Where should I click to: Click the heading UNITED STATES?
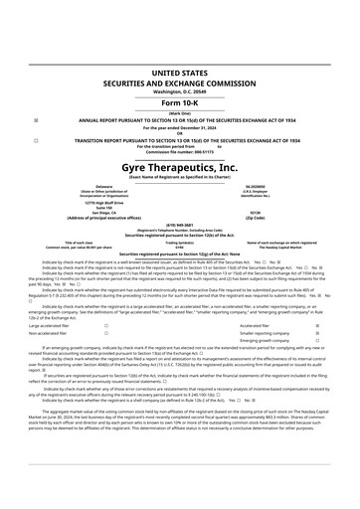(180, 74)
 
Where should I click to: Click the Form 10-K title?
(180, 102)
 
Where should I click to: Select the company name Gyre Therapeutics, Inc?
(180, 169)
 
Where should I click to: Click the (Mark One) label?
(180, 113)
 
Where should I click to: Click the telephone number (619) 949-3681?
(180, 225)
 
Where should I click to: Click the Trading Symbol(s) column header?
(180, 242)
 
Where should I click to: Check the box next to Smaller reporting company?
(316, 334)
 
